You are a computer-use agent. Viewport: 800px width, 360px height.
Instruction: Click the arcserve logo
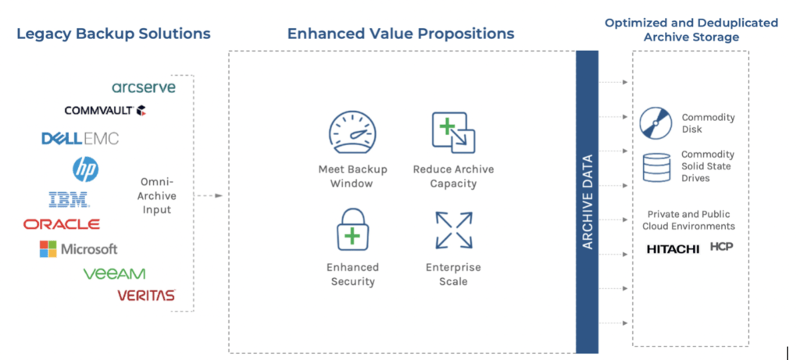(144, 87)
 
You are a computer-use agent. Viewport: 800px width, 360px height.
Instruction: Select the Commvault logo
(105, 110)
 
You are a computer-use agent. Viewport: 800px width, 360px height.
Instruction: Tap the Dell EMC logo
(80, 138)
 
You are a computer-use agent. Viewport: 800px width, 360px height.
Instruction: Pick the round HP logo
(86, 168)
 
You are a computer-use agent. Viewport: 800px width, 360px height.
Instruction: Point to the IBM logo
(69, 199)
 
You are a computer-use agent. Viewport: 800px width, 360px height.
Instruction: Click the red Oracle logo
(61, 224)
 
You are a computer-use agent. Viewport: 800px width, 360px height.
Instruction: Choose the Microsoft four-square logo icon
(48, 249)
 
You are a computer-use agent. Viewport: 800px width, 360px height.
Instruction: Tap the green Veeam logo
(114, 274)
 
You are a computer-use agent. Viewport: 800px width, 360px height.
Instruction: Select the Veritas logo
(146, 295)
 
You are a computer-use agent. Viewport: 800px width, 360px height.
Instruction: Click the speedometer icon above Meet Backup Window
(352, 133)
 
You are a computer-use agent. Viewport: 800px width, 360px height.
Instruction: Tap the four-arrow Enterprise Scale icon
(454, 230)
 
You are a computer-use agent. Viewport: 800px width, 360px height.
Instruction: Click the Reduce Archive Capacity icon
(453, 133)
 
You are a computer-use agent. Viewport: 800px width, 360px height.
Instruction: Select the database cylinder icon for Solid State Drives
(656, 166)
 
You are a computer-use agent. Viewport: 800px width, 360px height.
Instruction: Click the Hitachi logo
(673, 249)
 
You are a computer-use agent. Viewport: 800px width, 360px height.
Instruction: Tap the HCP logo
(721, 248)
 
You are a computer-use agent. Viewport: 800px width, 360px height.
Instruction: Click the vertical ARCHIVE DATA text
(587, 201)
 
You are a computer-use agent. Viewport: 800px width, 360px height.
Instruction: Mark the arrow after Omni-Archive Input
(209, 195)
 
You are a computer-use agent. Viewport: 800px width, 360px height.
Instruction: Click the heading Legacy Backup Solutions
(113, 34)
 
